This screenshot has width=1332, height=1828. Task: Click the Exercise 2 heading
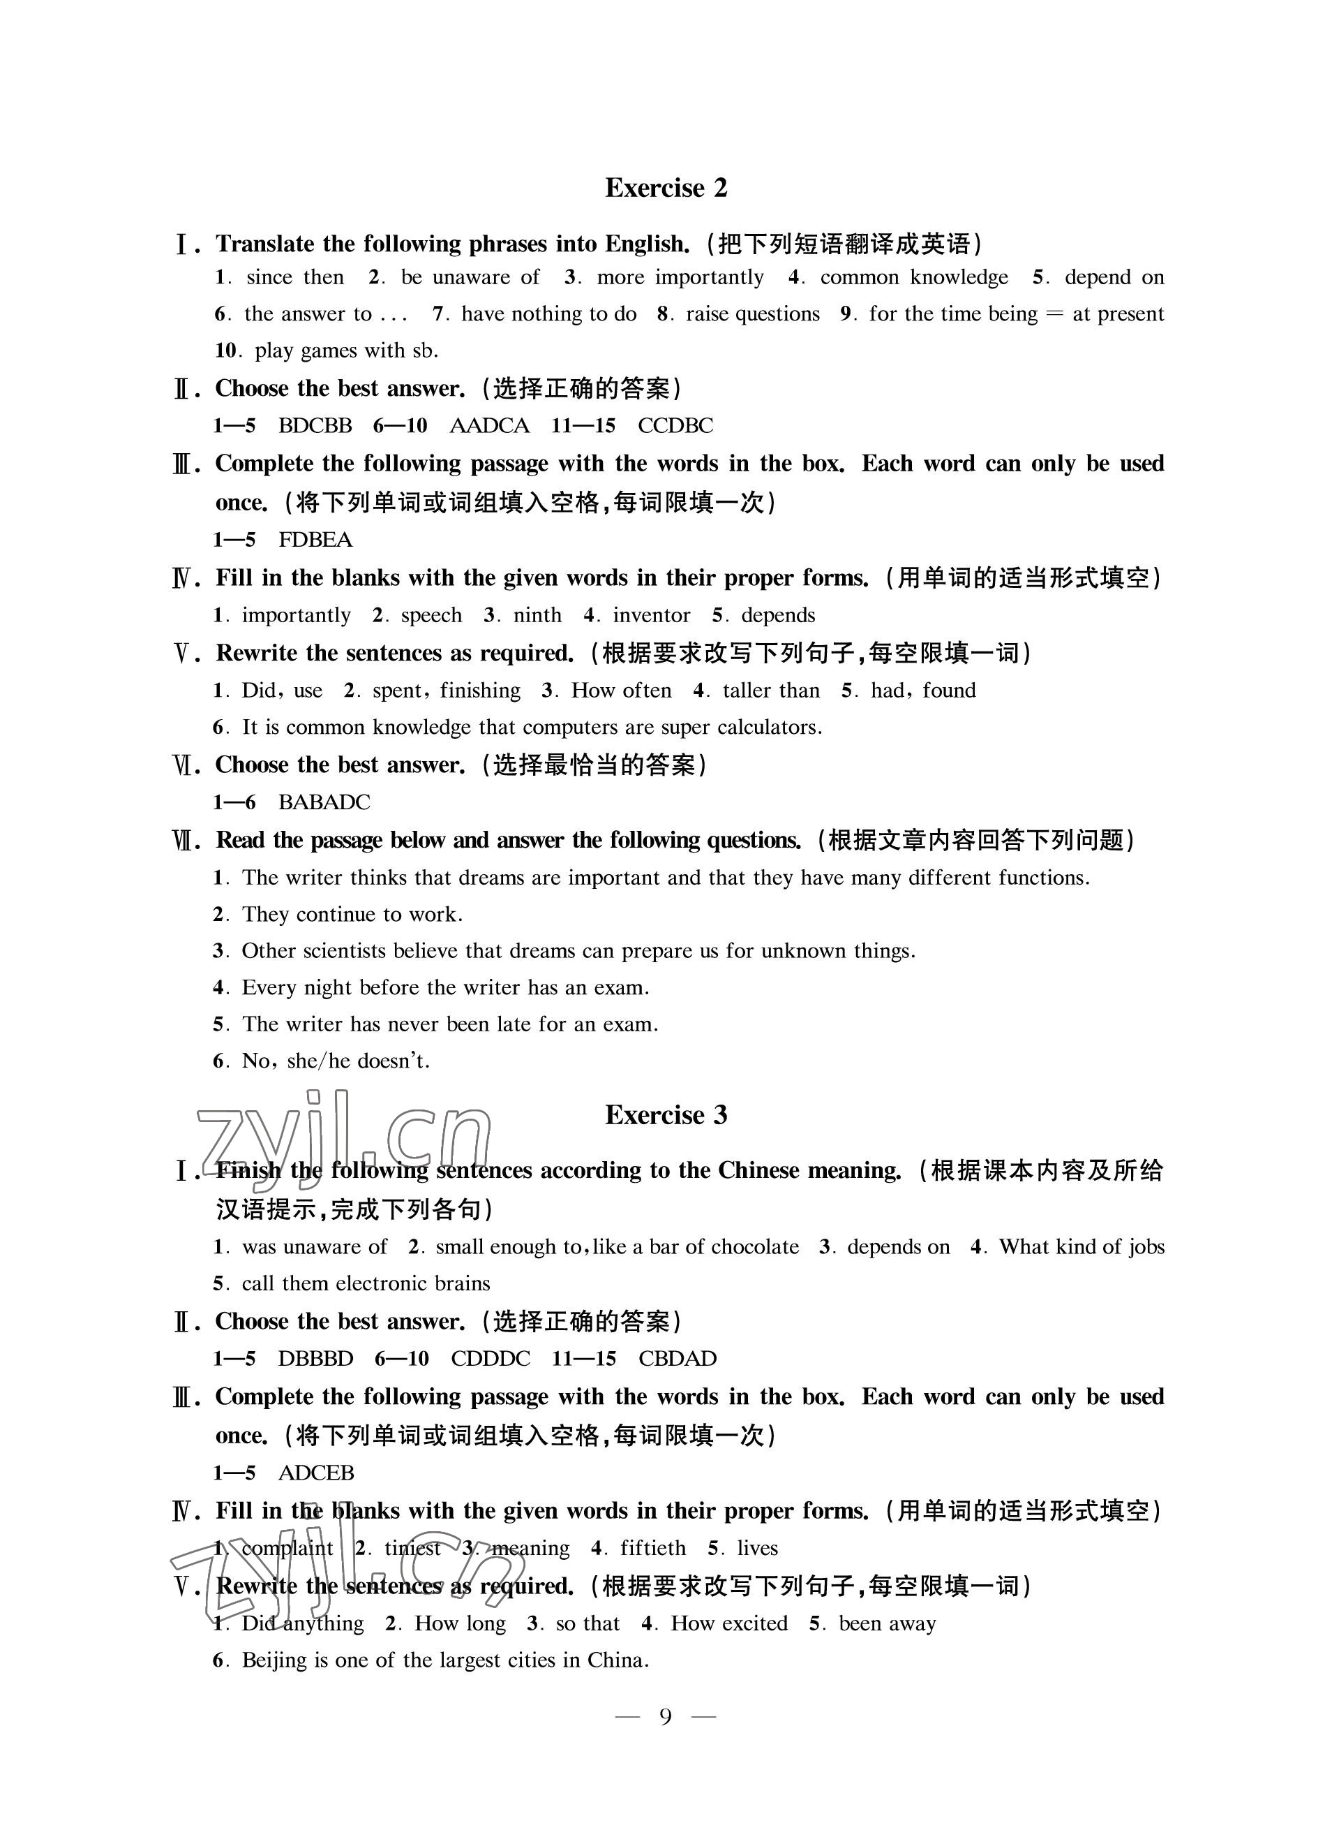666,188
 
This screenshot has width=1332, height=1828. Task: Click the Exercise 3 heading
666,1115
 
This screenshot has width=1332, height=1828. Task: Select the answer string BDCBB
315,425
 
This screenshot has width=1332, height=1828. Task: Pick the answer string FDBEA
315,540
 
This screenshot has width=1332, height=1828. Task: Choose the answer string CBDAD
678,1359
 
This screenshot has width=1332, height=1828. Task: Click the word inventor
652,616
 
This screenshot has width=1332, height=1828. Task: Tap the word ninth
537,616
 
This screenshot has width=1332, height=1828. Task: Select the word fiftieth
653,1548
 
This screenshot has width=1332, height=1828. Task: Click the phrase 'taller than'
771,691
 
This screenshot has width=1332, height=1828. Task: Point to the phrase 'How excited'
729,1623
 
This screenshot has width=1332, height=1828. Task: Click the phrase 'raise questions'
752,314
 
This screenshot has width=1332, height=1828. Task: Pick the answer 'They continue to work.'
352,914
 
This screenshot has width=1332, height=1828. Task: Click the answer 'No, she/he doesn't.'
336,1061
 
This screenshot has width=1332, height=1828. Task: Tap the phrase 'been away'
887,1623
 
